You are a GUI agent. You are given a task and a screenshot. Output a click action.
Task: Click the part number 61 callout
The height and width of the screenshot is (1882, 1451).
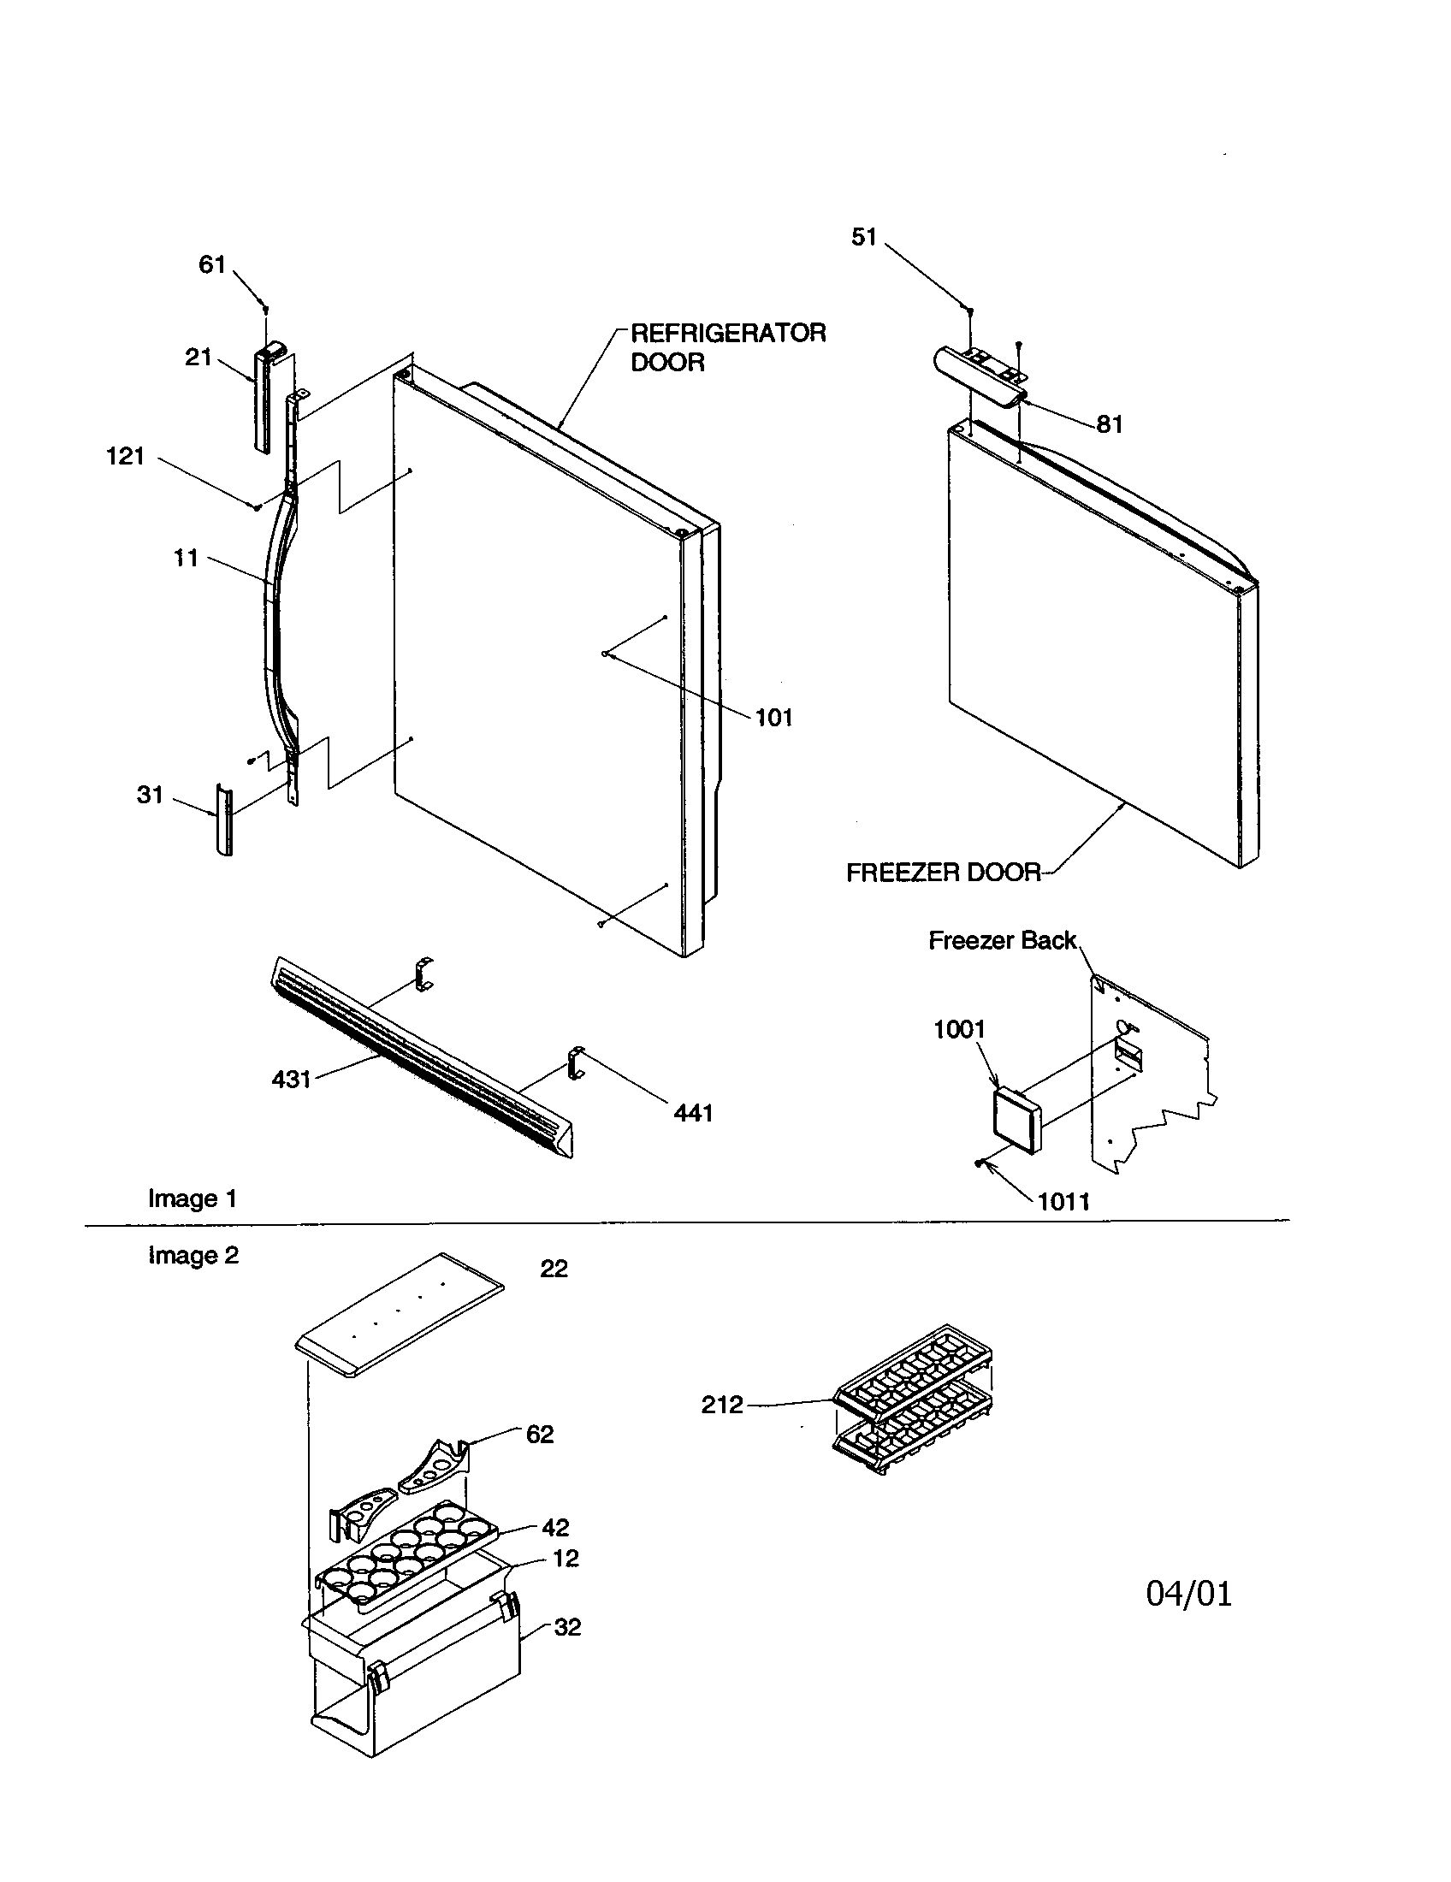click(212, 263)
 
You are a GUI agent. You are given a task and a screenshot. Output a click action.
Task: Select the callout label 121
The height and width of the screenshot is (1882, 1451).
click(126, 456)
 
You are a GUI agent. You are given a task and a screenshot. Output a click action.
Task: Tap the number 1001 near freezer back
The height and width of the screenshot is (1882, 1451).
click(959, 1029)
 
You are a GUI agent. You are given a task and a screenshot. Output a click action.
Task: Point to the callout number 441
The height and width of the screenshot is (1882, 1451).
click(693, 1113)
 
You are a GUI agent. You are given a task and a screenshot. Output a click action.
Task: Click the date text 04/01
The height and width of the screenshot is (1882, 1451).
click(1189, 1595)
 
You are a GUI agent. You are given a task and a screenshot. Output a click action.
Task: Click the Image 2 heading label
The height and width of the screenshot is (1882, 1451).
click(193, 1256)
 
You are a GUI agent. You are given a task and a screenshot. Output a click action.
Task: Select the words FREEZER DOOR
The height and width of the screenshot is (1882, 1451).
click(945, 873)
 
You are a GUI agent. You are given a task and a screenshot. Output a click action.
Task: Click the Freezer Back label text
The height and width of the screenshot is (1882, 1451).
click(1002, 940)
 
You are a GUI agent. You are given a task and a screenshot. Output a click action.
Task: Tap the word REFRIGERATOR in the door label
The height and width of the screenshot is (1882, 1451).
click(728, 333)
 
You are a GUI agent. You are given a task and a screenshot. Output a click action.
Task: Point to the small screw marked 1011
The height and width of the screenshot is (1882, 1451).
click(980, 1163)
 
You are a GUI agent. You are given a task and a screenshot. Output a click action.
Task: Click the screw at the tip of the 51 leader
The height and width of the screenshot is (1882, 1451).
click(970, 311)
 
